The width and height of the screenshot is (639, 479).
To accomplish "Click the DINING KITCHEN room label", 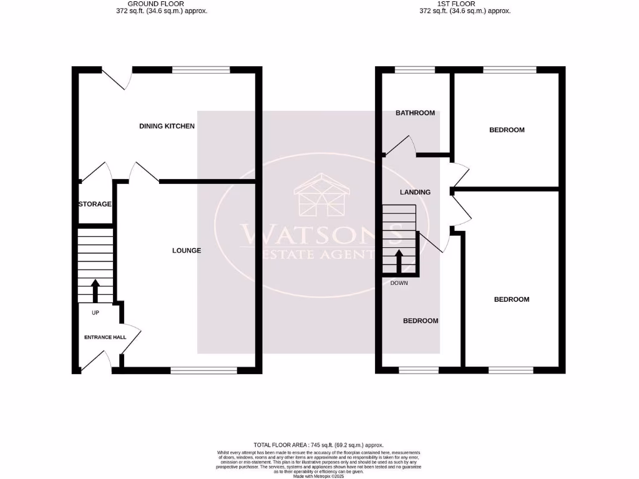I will [167, 126].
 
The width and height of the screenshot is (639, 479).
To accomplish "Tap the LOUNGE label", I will [187, 251].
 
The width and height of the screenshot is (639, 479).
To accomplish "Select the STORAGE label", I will [95, 204].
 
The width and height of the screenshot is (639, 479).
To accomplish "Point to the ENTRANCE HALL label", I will [105, 337].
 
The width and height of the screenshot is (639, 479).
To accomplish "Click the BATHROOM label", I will [415, 113].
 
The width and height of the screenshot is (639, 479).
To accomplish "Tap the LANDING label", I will [415, 192].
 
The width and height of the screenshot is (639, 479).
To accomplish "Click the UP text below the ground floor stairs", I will [95, 312].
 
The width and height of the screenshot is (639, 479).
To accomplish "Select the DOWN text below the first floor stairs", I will [399, 283].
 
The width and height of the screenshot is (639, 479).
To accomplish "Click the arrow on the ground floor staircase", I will [95, 290].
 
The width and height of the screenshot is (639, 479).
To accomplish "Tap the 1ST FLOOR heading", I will [465, 4].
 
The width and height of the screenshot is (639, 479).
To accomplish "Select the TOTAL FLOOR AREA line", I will [318, 445].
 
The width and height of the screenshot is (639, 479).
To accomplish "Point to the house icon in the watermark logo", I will [321, 196].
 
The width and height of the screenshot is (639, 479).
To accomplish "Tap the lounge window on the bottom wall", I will [204, 370].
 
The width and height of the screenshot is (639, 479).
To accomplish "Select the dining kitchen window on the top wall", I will [200, 69].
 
